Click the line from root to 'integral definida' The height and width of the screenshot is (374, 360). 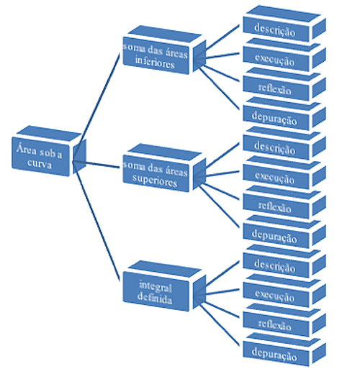(96, 221)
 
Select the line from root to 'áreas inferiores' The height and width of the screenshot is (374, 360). (96, 108)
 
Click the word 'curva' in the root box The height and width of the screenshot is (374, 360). (40, 163)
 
